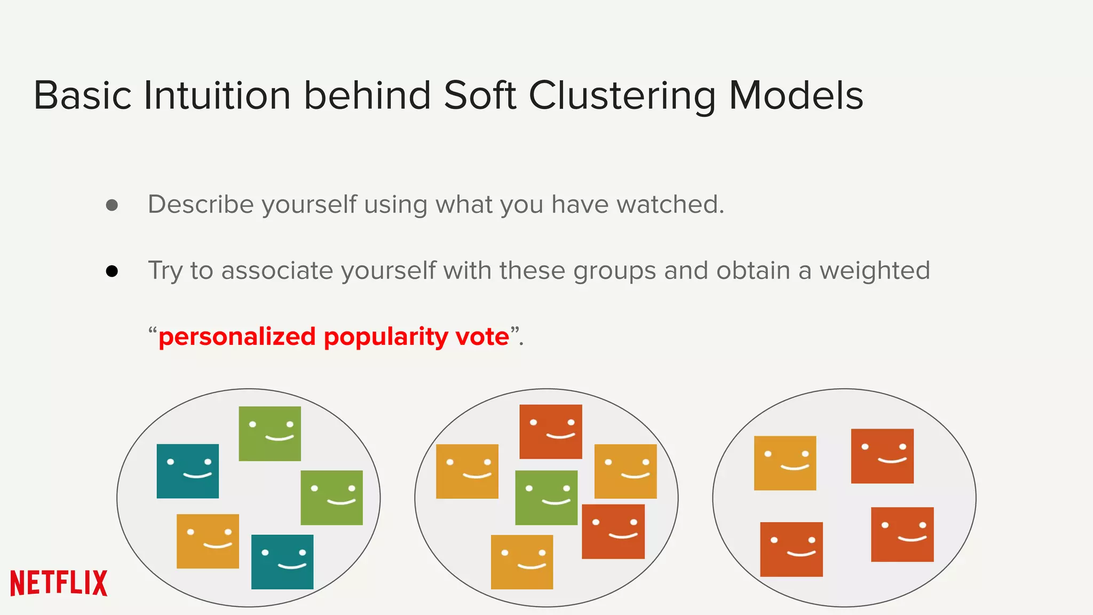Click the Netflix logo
pos(59,582)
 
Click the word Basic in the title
pos(83,96)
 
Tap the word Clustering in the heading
pos(622,96)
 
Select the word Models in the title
pos(796,96)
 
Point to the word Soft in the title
pos(480,96)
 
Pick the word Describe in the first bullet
pos(200,204)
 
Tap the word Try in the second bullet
pos(165,271)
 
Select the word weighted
pos(875,271)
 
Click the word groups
pos(614,271)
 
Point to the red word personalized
pos(237,337)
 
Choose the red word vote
pos(482,337)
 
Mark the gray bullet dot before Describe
pos(112,206)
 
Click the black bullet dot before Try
pos(112,272)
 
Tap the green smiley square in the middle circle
pos(546,498)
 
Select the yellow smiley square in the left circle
pos(208,541)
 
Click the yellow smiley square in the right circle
pos(785,463)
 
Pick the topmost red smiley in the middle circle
pos(551,431)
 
